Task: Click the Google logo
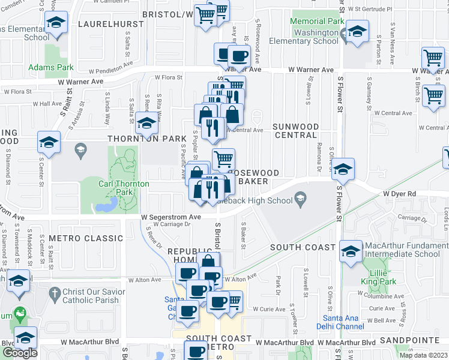pos(20,353)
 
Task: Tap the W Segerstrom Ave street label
pos(170,217)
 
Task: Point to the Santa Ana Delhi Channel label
pos(343,323)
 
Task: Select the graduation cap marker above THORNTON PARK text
pos(146,122)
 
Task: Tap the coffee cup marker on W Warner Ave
pos(238,56)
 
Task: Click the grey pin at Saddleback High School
pos(300,199)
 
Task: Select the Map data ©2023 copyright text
pos(423,355)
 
